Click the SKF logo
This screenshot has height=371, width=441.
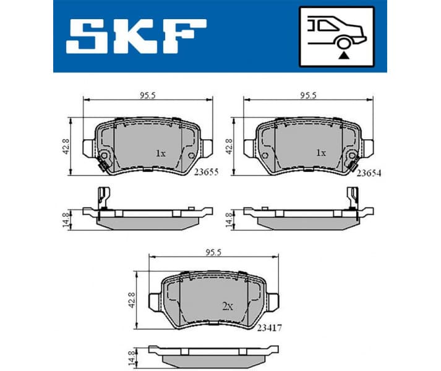click(136, 35)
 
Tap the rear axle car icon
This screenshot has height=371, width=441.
click(337, 36)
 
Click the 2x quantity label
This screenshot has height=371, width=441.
click(228, 305)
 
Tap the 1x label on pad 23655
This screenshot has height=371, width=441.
click(160, 153)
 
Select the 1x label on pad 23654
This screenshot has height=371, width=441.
click(320, 153)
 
